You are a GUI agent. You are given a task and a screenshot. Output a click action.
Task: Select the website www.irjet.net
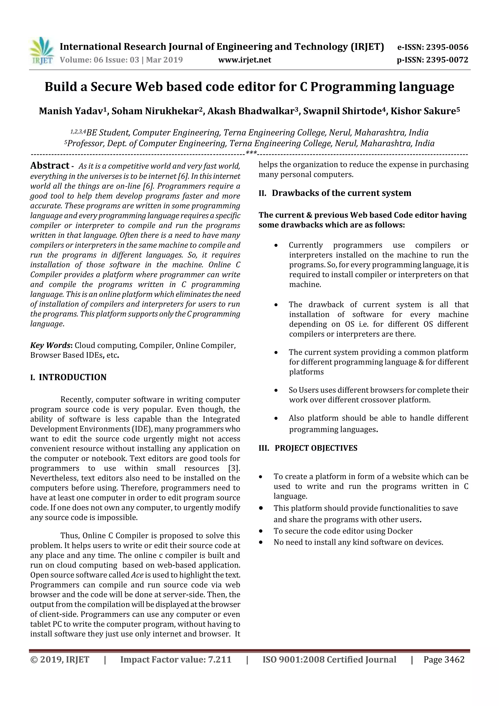244,60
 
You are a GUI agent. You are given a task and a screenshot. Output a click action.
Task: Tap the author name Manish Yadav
71,111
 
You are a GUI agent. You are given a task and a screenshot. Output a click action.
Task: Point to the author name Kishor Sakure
423,111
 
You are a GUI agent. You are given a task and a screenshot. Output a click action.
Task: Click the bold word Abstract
50,165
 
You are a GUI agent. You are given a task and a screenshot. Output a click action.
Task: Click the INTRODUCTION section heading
72,377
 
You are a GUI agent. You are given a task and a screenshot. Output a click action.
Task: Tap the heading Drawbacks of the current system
341,193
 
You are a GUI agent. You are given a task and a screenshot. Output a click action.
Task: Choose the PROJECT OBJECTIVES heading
316,448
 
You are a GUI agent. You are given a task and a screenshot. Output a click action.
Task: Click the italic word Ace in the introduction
137,575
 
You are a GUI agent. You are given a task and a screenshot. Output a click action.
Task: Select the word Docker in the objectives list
400,531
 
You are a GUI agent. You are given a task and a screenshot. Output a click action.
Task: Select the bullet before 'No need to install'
261,542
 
